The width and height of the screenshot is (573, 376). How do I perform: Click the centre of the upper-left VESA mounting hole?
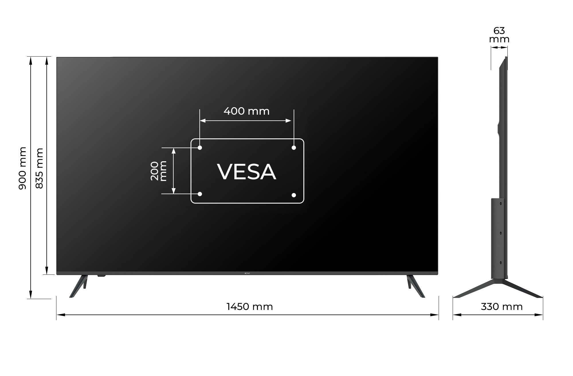200,148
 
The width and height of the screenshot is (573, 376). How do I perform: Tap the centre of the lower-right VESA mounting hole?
294,195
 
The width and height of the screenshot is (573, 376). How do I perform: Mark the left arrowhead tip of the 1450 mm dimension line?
57,315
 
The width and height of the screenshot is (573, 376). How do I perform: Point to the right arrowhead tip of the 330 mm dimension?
543,315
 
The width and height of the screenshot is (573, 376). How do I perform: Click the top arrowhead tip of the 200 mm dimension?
173,148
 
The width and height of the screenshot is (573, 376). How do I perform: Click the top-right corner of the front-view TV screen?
438,57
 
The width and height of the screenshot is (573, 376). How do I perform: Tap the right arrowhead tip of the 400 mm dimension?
291,121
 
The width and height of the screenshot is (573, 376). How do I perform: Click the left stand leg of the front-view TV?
79,286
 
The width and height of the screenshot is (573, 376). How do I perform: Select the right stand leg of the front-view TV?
416,286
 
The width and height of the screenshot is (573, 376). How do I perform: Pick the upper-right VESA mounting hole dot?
294,148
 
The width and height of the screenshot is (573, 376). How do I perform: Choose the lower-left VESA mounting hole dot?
200,194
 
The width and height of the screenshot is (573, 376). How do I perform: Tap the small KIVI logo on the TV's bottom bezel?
247,273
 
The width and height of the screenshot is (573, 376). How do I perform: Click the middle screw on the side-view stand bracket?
501,233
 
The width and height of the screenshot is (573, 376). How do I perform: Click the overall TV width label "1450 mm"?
250,307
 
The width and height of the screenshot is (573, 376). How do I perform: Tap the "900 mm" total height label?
22,168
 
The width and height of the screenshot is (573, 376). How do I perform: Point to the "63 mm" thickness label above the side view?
499,35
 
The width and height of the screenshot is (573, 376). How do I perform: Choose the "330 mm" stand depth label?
502,307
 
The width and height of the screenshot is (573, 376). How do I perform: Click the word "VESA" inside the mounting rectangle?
247,172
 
